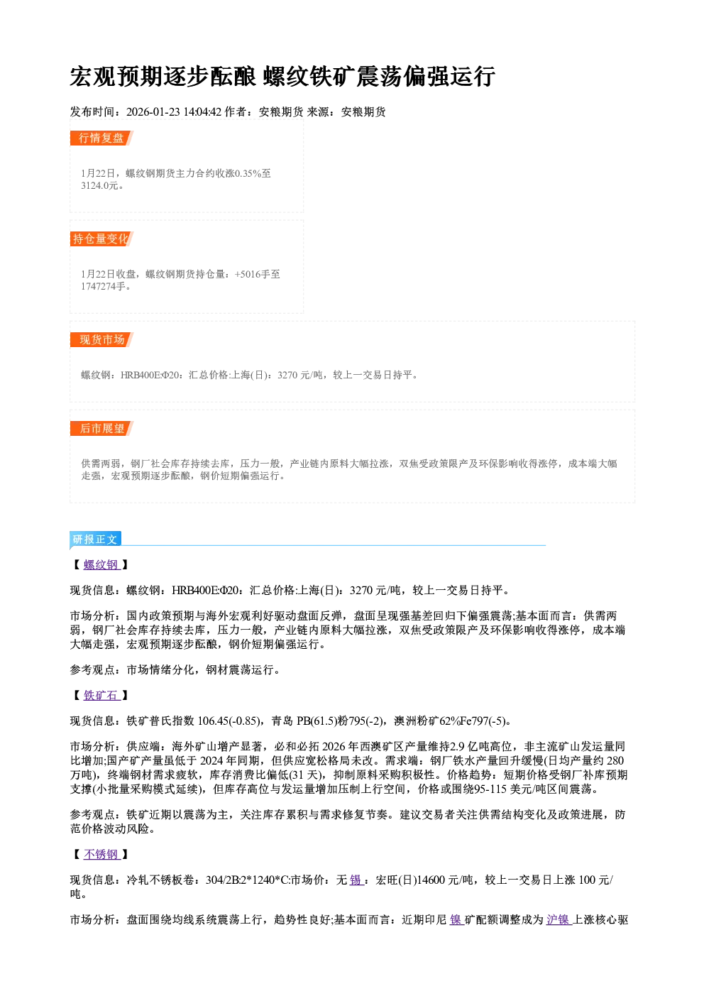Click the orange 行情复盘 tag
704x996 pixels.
click(101, 138)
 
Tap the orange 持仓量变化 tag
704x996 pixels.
click(101, 239)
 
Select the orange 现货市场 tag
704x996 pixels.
click(101, 340)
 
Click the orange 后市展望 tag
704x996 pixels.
click(101, 429)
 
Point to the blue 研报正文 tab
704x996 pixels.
click(95, 540)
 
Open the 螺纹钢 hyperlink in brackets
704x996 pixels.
click(101, 564)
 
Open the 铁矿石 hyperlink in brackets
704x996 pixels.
click(101, 695)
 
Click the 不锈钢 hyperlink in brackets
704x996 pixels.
click(101, 854)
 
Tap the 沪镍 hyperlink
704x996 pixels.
click(559, 919)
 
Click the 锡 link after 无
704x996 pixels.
click(356, 880)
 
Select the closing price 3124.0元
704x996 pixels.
click(99, 186)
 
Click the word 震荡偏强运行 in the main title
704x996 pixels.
click(426, 76)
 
